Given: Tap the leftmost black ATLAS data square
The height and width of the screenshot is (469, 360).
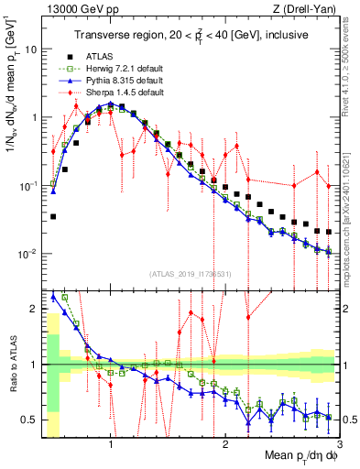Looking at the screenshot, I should pos(53,217).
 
